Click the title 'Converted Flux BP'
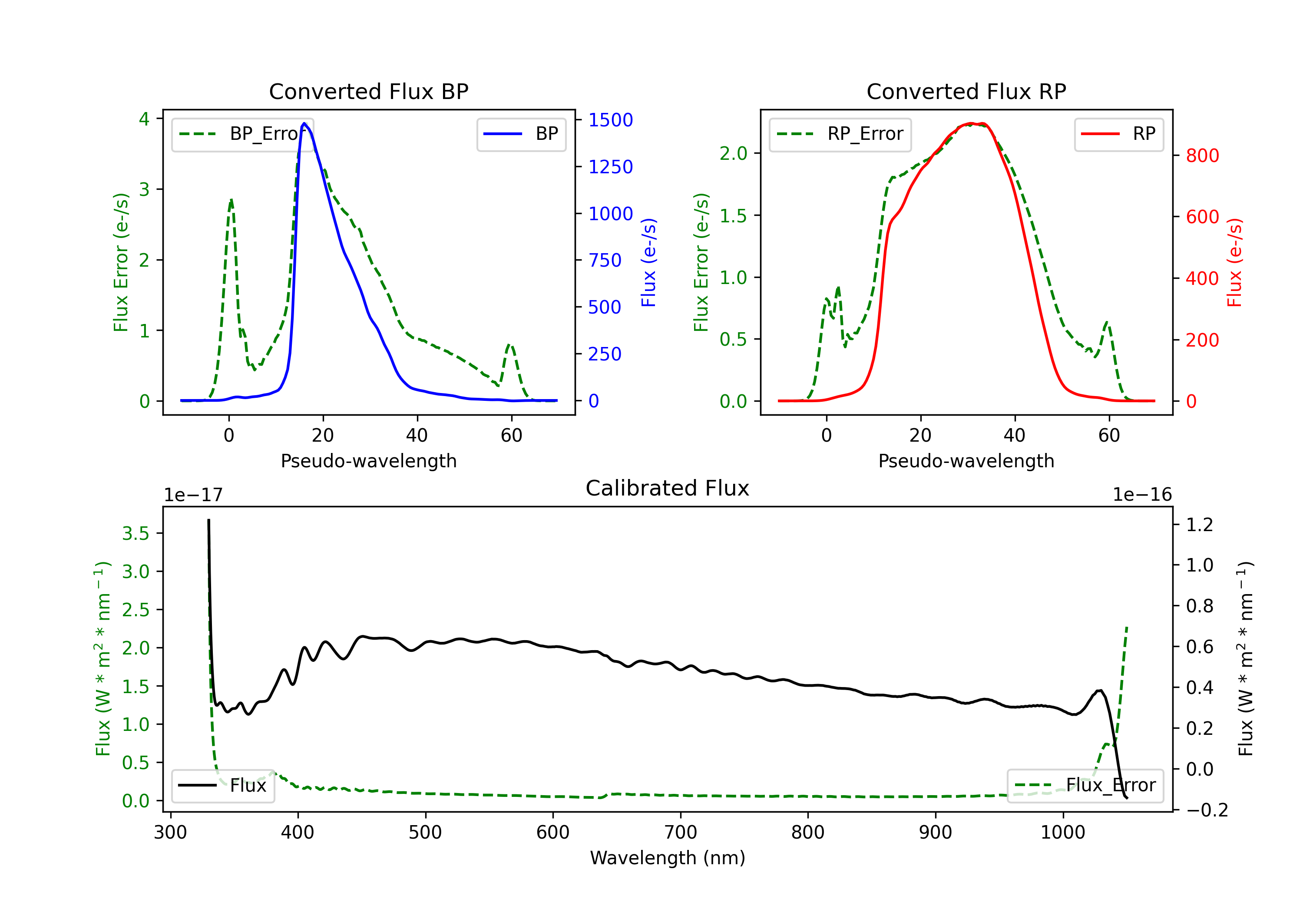(368, 91)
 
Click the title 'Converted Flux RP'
(966, 91)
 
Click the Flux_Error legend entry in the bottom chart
(1085, 786)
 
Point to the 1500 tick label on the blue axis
(610, 120)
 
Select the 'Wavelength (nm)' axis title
(668, 858)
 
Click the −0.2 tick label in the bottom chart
(1207, 810)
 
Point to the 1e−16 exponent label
(1142, 495)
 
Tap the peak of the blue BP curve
(304, 123)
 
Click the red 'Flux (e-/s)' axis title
(1234, 262)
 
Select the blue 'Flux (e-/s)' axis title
(648, 262)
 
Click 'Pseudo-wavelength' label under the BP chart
(368, 461)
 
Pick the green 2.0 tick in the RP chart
(733, 153)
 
